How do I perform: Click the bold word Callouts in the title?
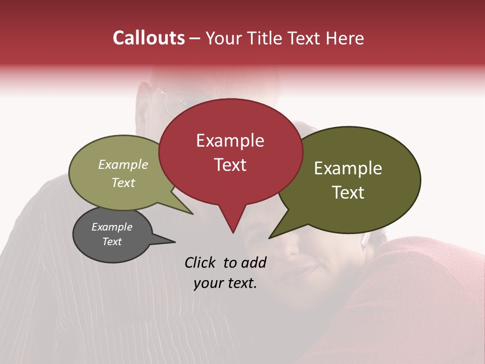pyautogui.click(x=149, y=38)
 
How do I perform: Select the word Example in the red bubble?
pyautogui.click(x=230, y=141)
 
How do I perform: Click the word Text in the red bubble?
pyautogui.click(x=230, y=165)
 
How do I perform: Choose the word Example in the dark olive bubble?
pyautogui.click(x=348, y=168)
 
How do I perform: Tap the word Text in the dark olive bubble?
pyautogui.click(x=348, y=193)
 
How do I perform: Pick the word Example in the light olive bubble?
pyautogui.click(x=123, y=164)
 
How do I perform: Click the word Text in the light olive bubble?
pyautogui.click(x=123, y=183)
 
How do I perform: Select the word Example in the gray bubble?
pyautogui.click(x=112, y=227)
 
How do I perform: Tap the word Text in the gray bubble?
pyautogui.click(x=112, y=242)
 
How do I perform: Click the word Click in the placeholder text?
pyautogui.click(x=201, y=262)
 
